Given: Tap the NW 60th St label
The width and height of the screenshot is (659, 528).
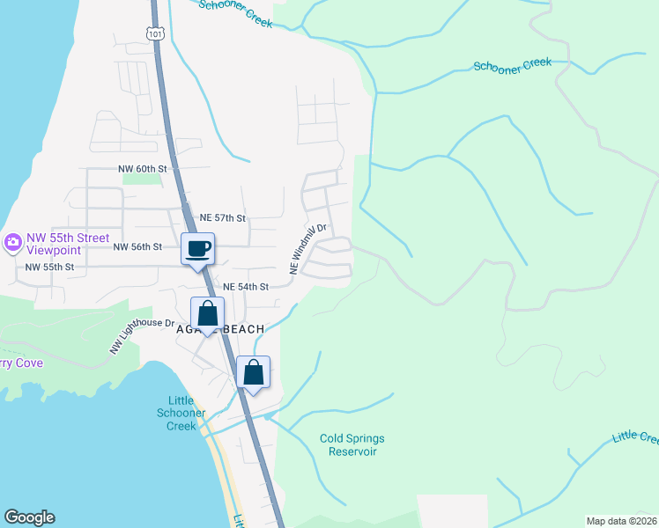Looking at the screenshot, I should [142, 167].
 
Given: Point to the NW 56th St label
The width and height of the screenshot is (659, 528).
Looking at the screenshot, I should [137, 247].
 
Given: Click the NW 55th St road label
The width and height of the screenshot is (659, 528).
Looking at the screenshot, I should [49, 267].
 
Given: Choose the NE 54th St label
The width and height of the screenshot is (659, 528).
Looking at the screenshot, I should [245, 287].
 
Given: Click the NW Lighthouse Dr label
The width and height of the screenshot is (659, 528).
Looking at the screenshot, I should [142, 335].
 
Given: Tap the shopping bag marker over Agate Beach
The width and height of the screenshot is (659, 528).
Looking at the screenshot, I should [208, 314].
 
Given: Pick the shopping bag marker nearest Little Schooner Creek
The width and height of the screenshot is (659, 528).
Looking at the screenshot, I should [254, 372].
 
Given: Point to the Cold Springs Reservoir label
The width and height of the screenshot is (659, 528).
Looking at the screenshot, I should [352, 444].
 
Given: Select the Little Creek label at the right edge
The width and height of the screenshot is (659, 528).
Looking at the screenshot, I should [636, 436].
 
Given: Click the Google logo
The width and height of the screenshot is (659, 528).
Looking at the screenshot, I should [29, 517].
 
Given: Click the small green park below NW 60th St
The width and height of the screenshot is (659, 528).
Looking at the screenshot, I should [142, 179].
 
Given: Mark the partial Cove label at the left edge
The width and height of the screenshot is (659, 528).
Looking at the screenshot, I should [18, 363].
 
